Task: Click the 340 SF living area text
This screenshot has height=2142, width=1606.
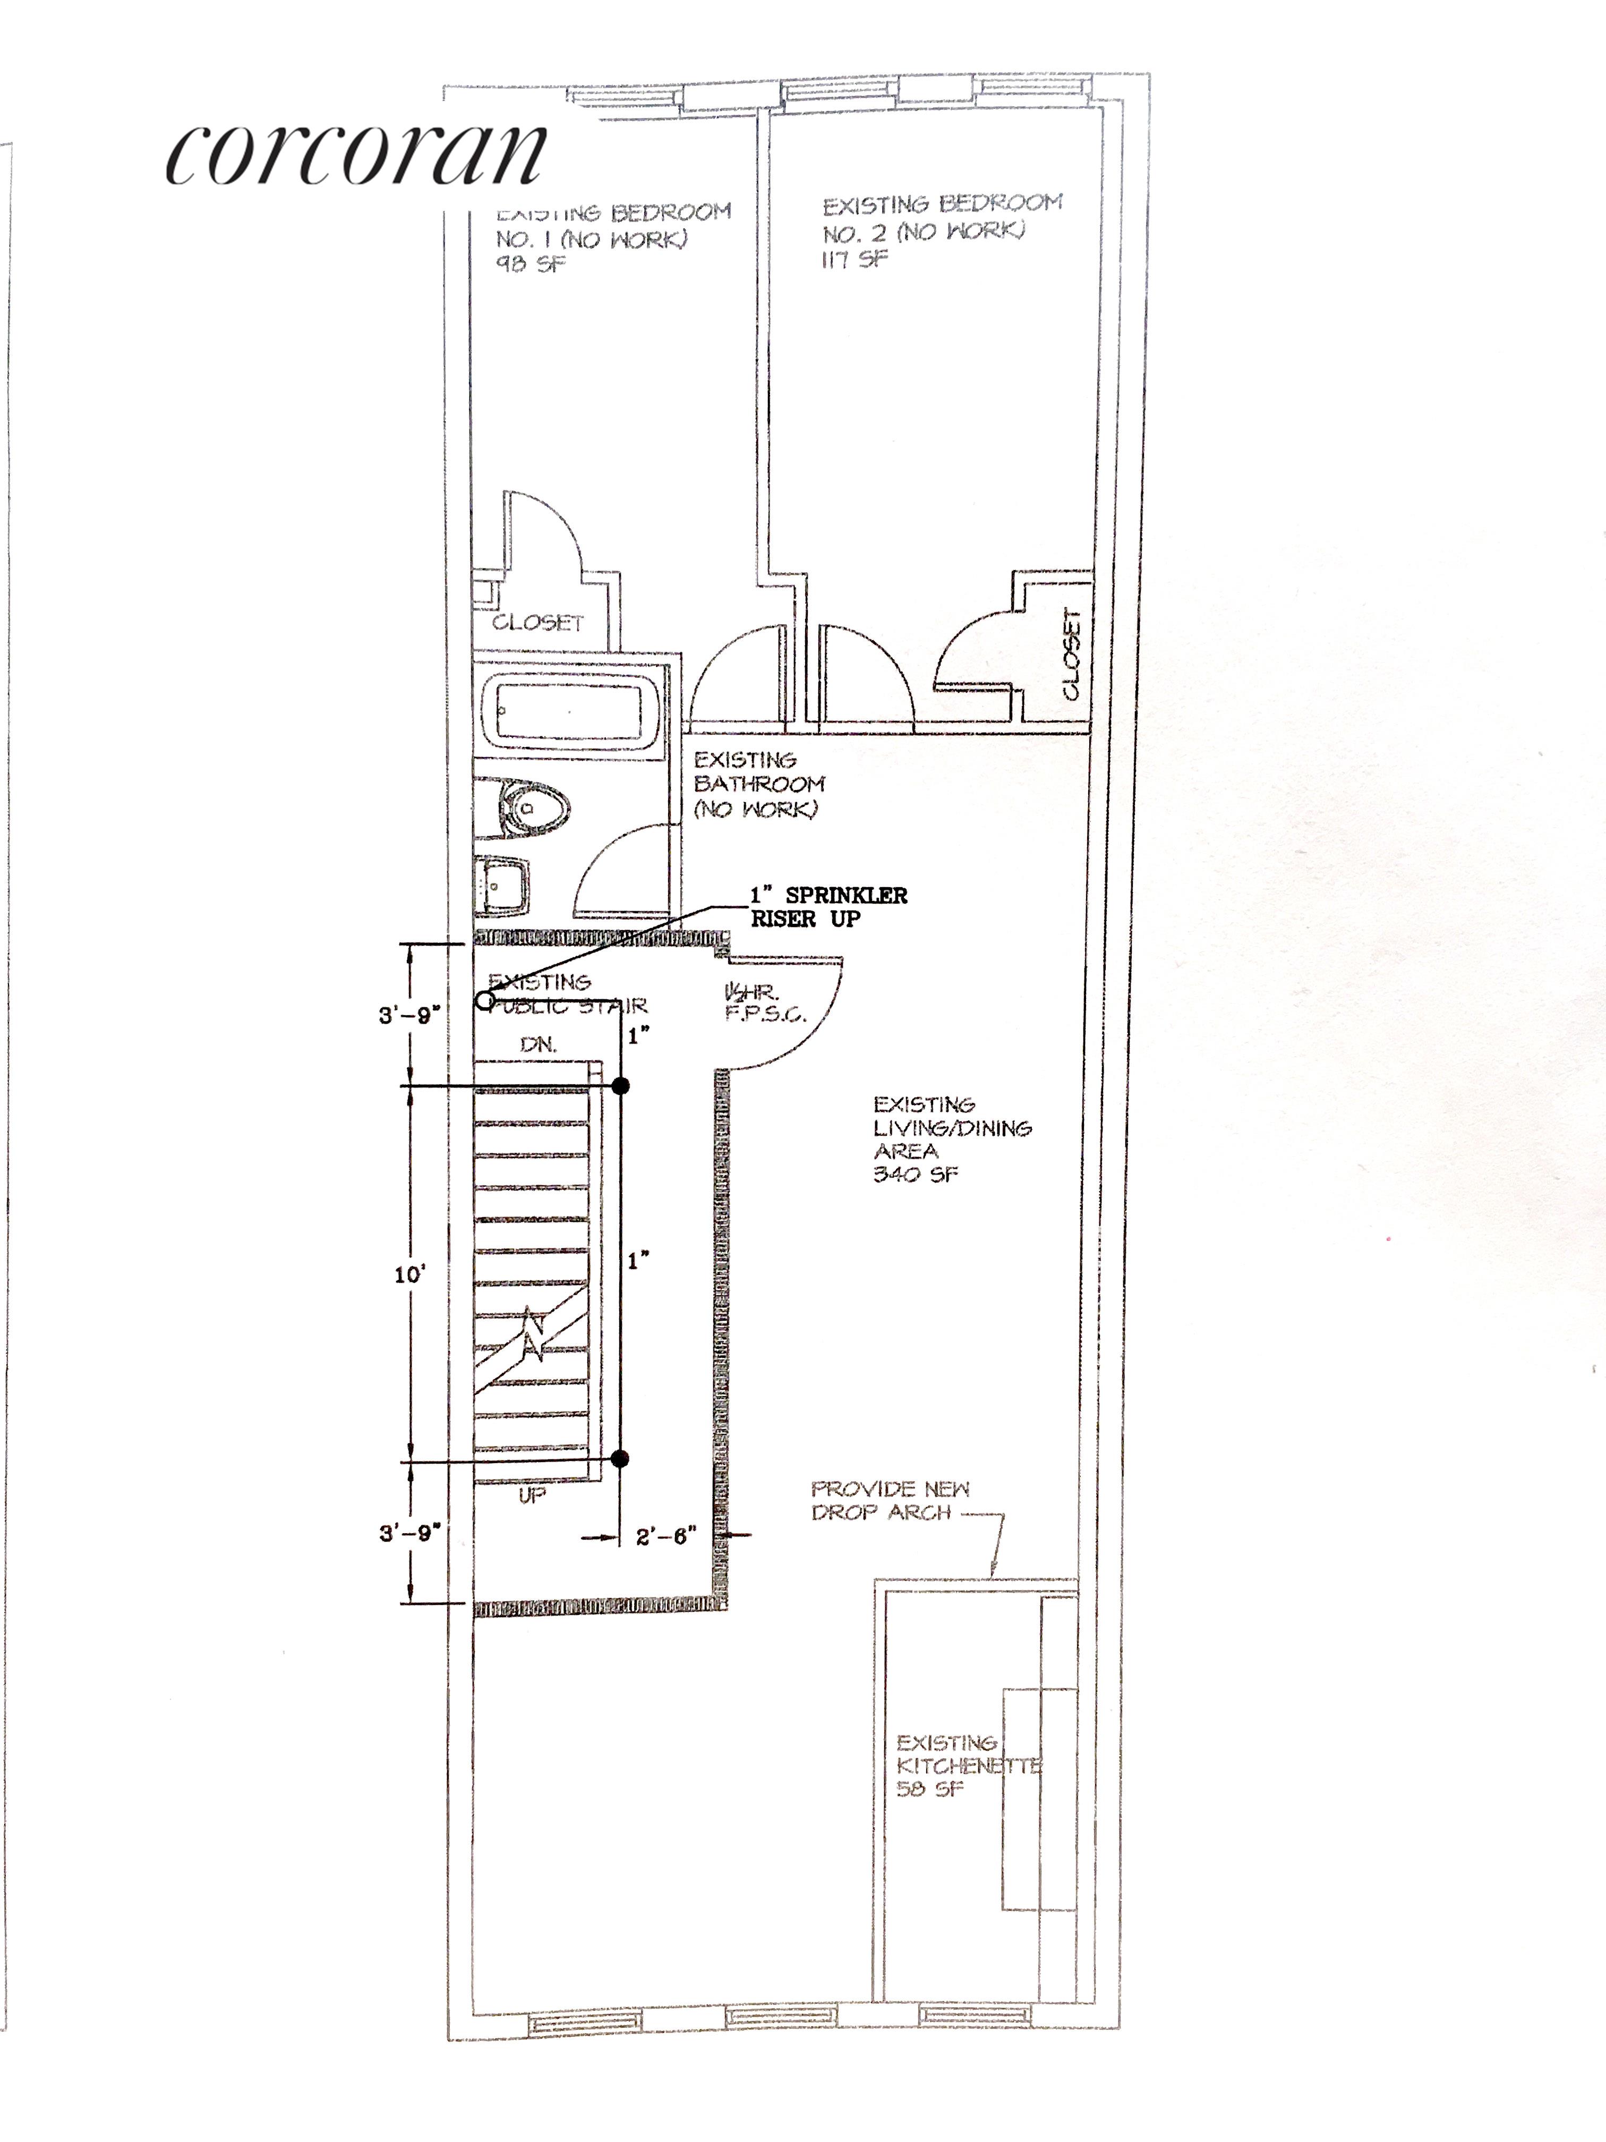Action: coord(916,1175)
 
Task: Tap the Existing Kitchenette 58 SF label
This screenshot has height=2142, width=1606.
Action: coord(963,1765)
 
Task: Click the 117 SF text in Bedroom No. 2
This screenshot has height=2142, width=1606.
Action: coord(854,260)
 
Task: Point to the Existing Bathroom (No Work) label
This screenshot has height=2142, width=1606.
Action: coord(758,784)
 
